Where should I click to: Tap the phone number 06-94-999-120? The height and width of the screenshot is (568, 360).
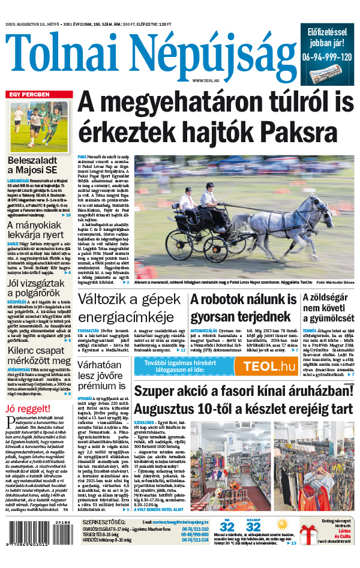tap(328, 58)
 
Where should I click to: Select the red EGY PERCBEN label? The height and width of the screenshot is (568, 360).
tap(29, 95)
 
